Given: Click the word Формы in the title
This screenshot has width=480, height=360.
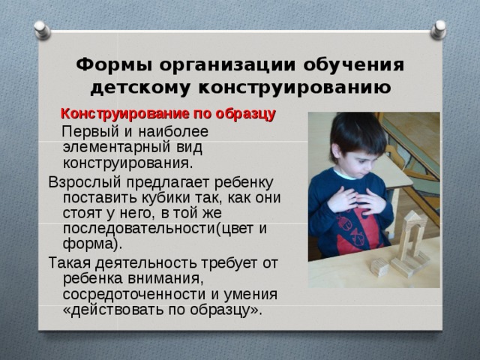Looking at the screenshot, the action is pyautogui.click(x=114, y=65).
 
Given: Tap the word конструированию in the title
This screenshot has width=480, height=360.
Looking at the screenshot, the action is pyautogui.click(x=295, y=88).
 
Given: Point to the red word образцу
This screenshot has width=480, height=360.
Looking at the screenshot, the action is pyautogui.click(x=245, y=114).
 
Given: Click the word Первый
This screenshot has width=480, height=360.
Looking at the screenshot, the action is pyautogui.click(x=90, y=132).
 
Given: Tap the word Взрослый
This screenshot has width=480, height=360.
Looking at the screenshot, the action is pyautogui.click(x=85, y=183).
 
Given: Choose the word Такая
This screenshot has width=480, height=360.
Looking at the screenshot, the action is pyautogui.click(x=70, y=262).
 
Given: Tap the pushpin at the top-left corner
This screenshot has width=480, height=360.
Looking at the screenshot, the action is pyautogui.click(x=42, y=30).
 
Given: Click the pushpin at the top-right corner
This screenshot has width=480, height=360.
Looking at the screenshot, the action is pyautogui.click(x=438, y=30).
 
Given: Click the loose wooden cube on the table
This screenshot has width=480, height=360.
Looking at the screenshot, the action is pyautogui.click(x=379, y=267).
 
